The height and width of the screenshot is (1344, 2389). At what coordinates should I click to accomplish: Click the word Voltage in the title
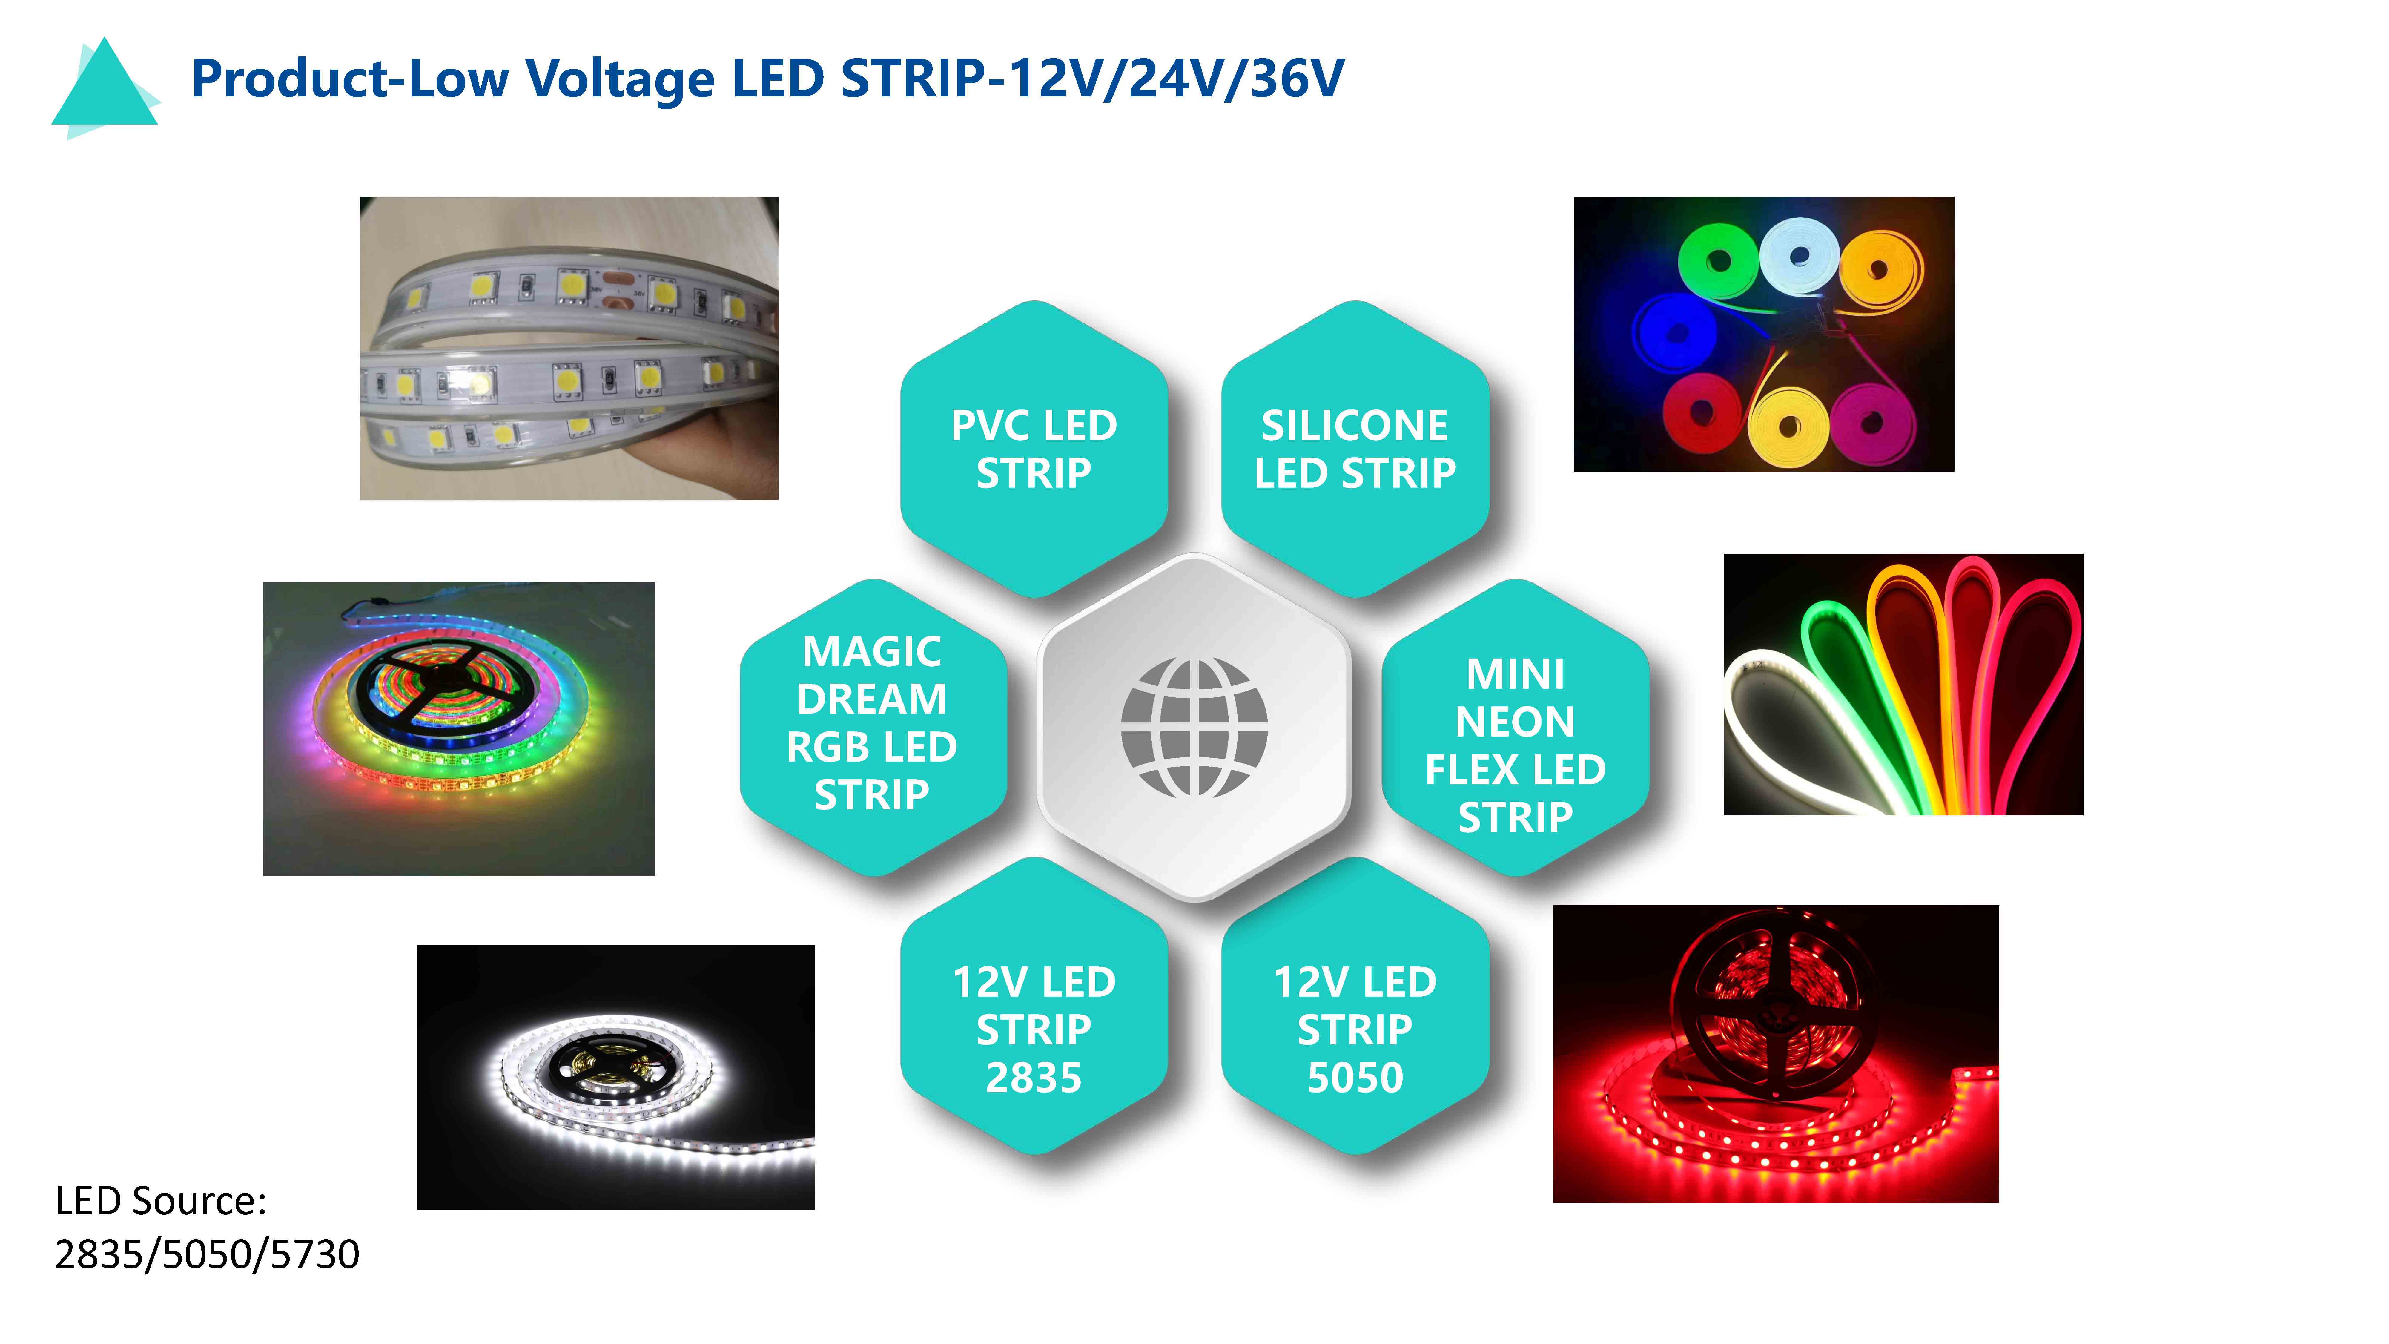click(621, 79)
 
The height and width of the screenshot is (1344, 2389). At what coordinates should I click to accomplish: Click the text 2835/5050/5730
click(207, 1254)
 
